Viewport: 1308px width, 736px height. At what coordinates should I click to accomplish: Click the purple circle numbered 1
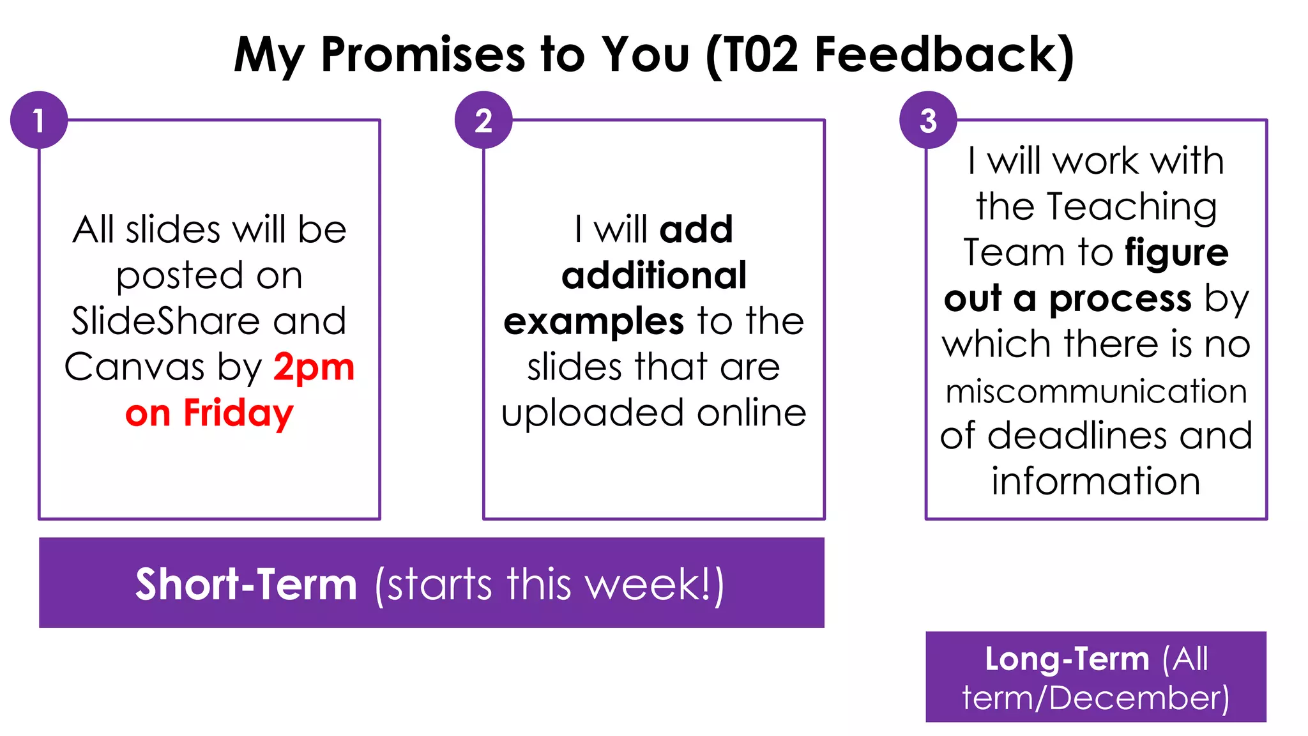click(39, 120)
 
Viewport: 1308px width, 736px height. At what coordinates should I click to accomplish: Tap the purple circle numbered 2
click(483, 120)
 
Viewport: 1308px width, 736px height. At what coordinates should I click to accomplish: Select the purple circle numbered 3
click(928, 120)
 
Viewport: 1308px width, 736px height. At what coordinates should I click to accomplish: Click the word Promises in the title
click(422, 54)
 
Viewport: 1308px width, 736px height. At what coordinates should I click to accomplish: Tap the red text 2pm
click(314, 367)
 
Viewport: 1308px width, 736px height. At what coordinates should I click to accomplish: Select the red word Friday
click(238, 413)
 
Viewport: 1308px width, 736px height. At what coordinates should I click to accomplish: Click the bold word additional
click(654, 275)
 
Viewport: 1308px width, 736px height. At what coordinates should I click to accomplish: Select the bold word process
click(1120, 298)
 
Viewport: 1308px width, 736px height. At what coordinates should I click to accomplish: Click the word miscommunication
click(1096, 391)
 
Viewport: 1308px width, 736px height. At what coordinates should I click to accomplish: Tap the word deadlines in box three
click(1079, 436)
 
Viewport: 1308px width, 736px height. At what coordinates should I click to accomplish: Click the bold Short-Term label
click(246, 584)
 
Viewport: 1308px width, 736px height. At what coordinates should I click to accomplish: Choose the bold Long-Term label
click(1067, 659)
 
